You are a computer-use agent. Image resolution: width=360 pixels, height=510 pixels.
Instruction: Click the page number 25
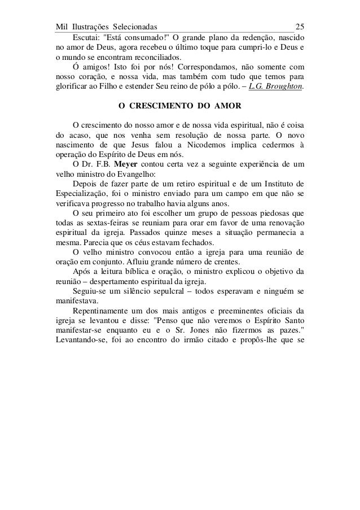click(300, 27)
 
